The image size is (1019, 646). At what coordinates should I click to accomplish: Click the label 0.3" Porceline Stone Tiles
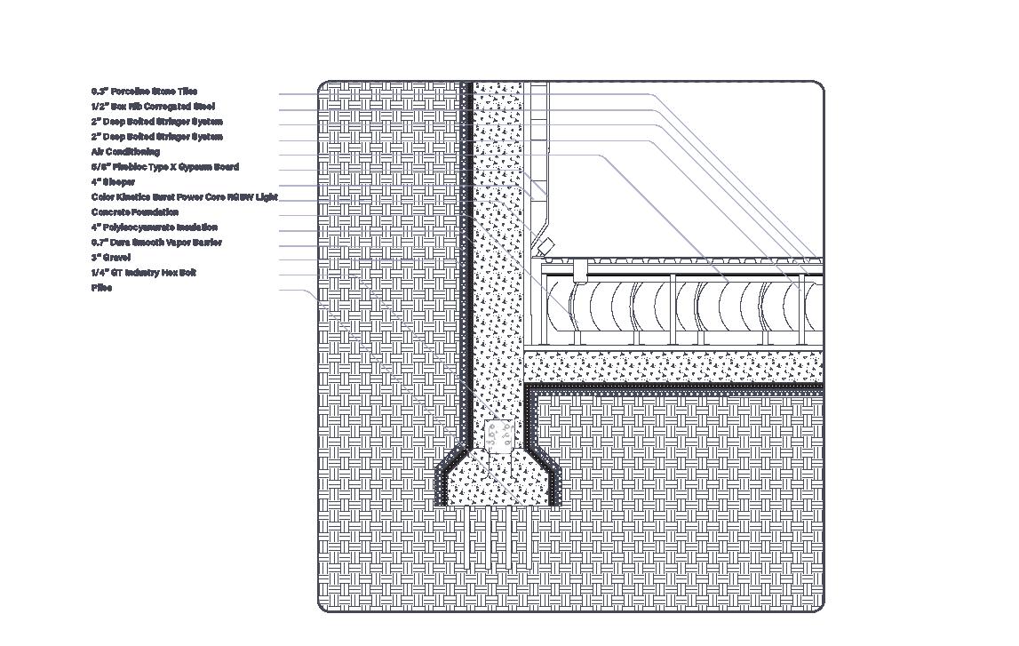144,92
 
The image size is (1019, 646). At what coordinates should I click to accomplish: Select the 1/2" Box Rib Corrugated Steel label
152,107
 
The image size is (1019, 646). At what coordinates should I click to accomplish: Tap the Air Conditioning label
125,152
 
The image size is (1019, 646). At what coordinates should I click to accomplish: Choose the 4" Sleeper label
113,182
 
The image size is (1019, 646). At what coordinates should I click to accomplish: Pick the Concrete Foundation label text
134,212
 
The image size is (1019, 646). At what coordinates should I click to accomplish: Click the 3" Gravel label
110,258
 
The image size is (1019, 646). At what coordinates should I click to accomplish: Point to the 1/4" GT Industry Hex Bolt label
143,273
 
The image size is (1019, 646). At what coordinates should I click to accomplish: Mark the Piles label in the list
101,288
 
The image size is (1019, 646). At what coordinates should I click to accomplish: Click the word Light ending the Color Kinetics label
267,197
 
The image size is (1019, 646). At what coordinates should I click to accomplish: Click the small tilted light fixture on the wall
546,243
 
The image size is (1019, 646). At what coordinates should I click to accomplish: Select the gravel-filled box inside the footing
499,435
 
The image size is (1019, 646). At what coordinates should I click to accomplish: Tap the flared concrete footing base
498,484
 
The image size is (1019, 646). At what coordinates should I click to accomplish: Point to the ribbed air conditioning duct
693,307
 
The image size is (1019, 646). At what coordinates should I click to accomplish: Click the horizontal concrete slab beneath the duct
675,366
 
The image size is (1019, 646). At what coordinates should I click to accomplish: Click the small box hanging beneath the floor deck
580,267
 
